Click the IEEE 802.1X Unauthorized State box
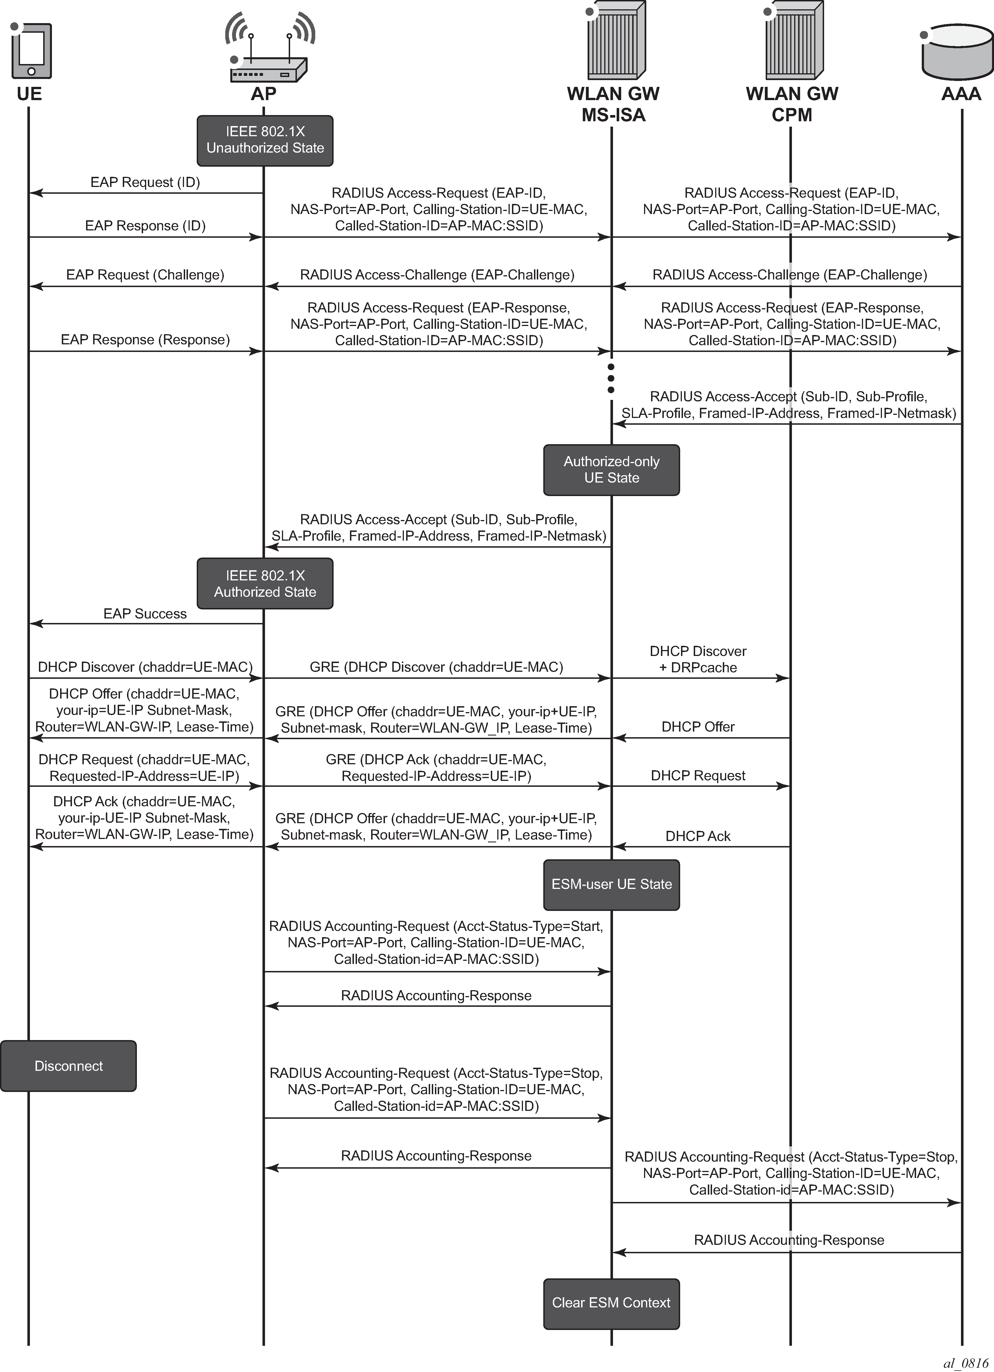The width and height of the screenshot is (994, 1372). tap(264, 140)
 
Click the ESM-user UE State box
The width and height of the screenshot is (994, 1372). tap(611, 884)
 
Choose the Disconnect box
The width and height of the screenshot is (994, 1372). tap(68, 1066)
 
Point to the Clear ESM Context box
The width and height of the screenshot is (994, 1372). tap(611, 1302)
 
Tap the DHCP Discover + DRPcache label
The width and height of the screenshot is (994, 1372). tap(698, 659)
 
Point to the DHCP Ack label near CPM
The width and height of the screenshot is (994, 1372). tap(698, 836)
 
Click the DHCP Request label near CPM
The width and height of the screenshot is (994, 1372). tap(698, 776)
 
